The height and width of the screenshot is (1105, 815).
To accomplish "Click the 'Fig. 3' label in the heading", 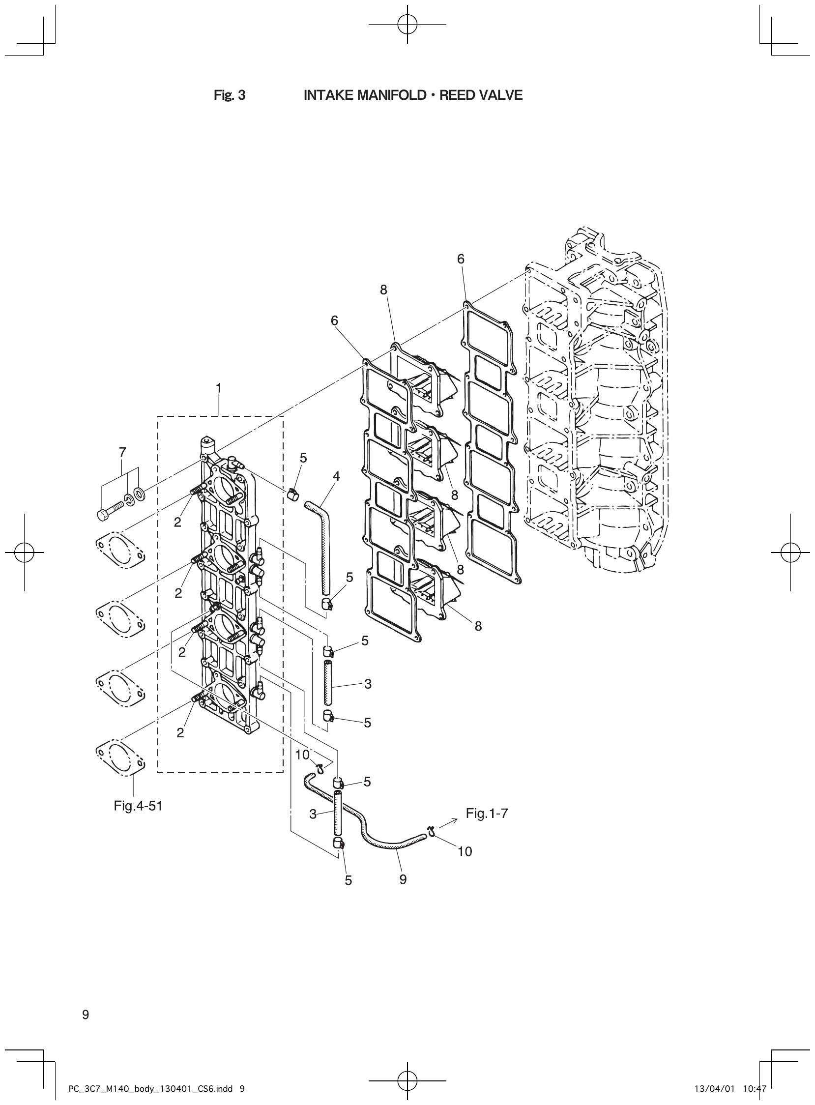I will coord(230,95).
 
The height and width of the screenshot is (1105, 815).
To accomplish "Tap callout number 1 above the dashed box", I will coord(218,388).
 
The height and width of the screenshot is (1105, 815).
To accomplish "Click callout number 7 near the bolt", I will coord(122,452).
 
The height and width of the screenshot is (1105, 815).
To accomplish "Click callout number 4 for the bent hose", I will coord(336,476).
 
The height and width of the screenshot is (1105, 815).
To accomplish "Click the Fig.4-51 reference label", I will coord(138,806).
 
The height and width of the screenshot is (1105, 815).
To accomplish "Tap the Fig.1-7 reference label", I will coord(487,814).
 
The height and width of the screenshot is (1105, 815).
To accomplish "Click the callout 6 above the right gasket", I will coord(461,259).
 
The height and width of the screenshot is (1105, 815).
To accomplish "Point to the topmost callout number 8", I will coord(383,290).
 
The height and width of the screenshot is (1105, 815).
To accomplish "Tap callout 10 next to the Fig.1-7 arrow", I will coord(465,851).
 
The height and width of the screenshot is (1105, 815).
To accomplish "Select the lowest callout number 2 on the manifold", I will coord(180,733).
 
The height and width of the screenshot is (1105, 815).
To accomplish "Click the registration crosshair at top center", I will coord(407,23).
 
